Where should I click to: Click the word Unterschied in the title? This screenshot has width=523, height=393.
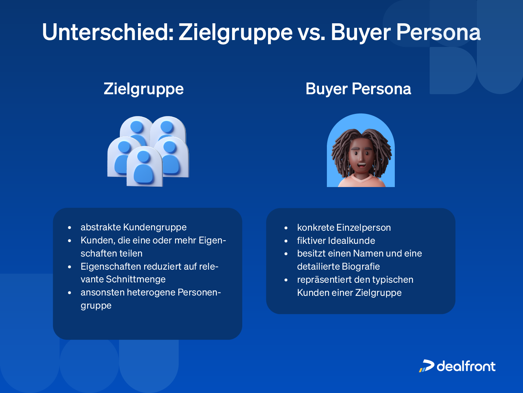click(108, 32)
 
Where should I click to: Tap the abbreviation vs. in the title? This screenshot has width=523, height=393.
click(312, 32)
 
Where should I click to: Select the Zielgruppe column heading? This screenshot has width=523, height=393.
click(143, 89)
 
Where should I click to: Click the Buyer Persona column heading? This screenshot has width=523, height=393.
click(358, 89)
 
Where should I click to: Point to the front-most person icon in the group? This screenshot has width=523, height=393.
click(144, 167)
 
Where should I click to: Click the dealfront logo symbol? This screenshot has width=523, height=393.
click(426, 366)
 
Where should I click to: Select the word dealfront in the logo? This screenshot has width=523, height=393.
click(466, 366)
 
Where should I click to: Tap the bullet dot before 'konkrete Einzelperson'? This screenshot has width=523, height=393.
click(286, 228)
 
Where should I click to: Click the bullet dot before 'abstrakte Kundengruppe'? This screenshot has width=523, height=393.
click(69, 228)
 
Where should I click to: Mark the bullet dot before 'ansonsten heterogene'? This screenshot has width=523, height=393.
click(69, 293)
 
